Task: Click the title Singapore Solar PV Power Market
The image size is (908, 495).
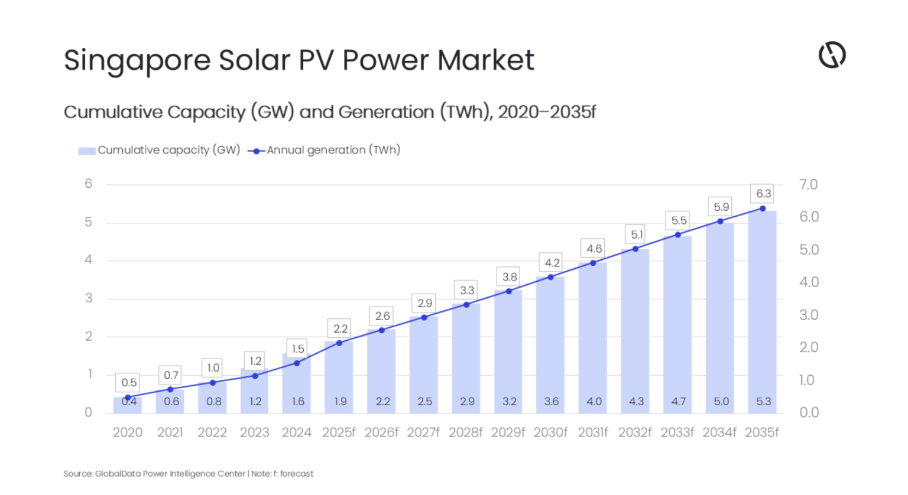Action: tap(299, 60)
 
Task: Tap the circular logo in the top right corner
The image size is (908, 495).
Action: tap(832, 55)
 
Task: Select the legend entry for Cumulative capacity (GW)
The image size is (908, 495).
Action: tap(159, 150)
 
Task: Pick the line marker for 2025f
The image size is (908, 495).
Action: tap(339, 343)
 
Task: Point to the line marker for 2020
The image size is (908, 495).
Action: tap(128, 398)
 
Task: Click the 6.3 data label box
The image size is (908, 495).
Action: tap(763, 194)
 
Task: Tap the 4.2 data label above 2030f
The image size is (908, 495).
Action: tap(552, 263)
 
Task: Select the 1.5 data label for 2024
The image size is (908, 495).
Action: tap(298, 349)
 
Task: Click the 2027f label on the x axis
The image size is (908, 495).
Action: tap(423, 432)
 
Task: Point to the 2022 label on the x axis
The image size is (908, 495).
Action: tap(212, 432)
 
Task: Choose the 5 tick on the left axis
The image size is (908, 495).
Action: tap(89, 222)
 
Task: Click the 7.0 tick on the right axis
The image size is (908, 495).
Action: tap(808, 185)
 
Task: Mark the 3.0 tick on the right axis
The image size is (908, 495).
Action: tap(808, 315)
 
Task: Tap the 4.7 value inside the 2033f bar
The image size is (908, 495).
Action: tap(678, 402)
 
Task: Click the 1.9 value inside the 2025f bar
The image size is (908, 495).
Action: tap(340, 402)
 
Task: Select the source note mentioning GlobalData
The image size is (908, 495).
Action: tap(188, 474)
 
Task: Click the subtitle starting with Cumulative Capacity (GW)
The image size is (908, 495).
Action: tap(329, 112)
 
